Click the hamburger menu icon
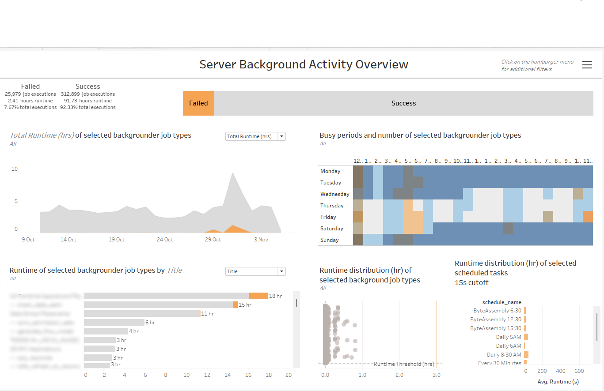click(x=587, y=65)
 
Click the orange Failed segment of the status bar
click(x=198, y=103)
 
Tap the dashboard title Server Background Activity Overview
click(x=304, y=64)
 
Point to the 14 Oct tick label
click(x=68, y=240)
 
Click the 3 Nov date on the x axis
click(x=261, y=240)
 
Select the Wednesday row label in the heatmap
click(x=334, y=194)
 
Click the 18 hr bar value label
click(x=275, y=296)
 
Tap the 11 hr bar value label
click(x=207, y=314)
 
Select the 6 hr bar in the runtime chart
click(x=114, y=323)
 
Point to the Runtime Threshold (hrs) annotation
click(x=404, y=364)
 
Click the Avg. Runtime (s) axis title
click(x=558, y=382)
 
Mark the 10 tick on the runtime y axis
click(x=15, y=169)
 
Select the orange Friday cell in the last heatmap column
click(x=588, y=217)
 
